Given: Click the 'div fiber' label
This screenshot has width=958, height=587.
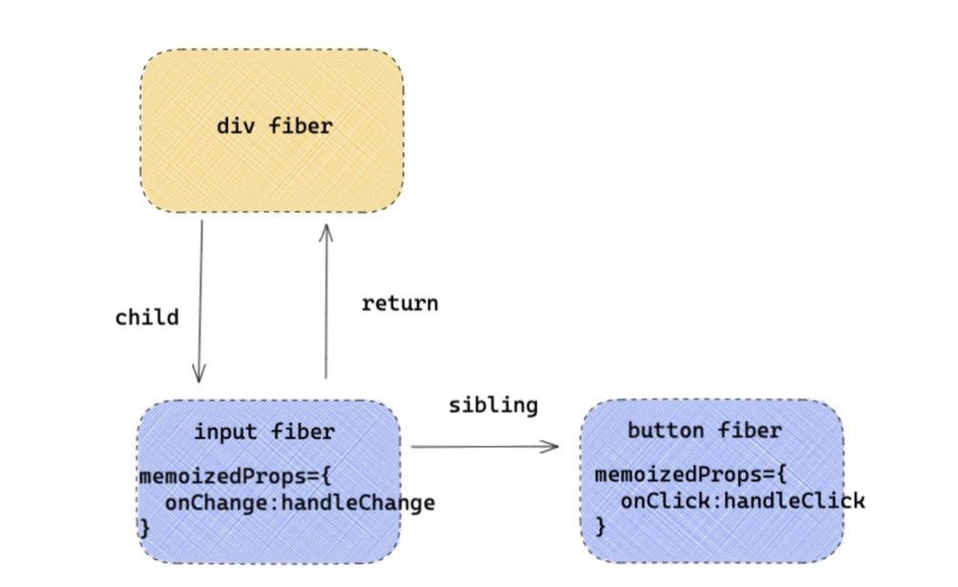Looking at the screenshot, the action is [275, 126].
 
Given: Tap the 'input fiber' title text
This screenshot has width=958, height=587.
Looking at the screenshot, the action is [265, 432].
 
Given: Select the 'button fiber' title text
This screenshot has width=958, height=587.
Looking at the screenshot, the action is [705, 430].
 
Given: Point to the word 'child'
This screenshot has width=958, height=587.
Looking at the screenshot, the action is [147, 317].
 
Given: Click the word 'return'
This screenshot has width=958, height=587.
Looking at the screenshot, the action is [400, 304].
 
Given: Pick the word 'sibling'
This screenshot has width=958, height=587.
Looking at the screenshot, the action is [493, 405].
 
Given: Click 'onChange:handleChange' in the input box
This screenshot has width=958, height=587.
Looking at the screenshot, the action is [300, 503].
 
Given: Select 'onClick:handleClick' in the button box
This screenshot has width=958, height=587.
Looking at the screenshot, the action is [743, 500].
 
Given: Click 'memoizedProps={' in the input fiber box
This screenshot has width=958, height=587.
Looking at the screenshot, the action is [235, 476].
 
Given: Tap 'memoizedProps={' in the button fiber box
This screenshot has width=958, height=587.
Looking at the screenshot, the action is [691, 475].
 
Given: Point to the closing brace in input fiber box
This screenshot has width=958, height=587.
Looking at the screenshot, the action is [145, 529].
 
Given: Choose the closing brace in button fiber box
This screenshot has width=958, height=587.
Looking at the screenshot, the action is [601, 527].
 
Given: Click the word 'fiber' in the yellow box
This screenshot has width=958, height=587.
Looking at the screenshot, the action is [301, 126].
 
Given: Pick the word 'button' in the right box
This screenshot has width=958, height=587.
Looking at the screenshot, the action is [666, 430].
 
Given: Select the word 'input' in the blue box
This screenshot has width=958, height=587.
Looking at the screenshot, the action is [226, 433].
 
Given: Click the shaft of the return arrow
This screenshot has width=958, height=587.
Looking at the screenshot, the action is [326, 301].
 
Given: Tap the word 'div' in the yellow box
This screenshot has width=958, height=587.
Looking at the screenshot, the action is [236, 126].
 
